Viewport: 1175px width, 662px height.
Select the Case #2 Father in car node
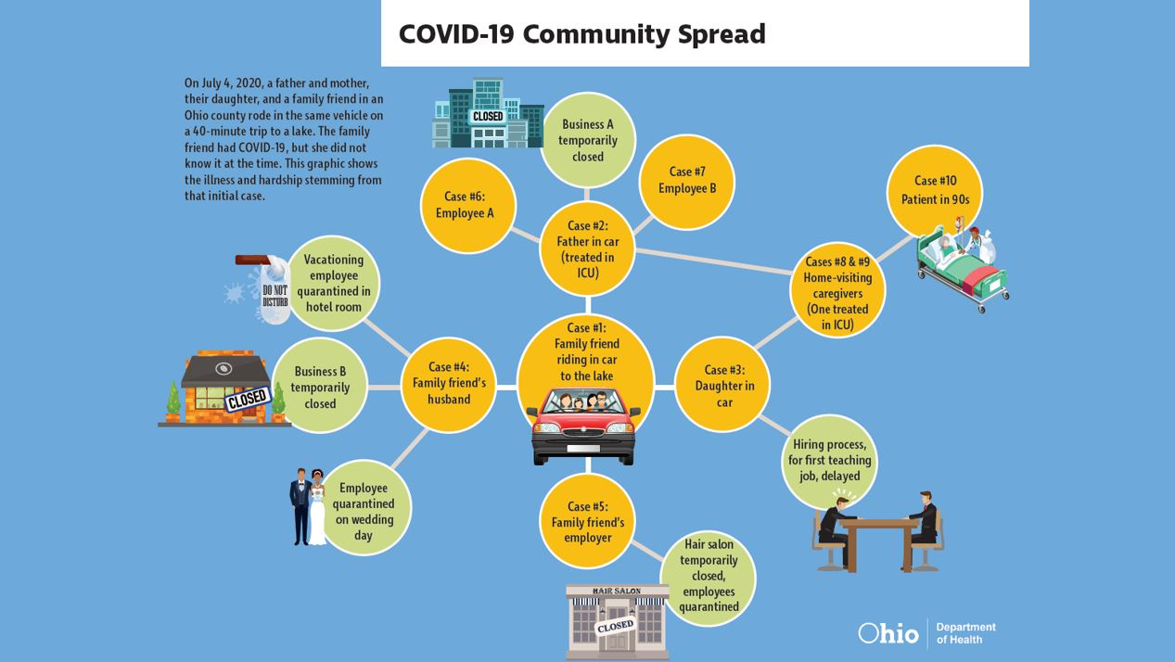pyautogui.click(x=587, y=248)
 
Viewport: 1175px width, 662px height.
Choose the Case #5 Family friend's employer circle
pyautogui.click(x=587, y=521)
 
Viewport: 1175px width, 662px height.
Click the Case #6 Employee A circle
pyautogui.click(x=468, y=205)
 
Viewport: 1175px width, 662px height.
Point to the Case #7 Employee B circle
pyautogui.click(x=687, y=181)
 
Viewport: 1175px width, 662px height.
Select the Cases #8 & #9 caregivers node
pyautogui.click(x=837, y=290)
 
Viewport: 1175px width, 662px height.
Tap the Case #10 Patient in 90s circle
pyautogui.click(x=934, y=190)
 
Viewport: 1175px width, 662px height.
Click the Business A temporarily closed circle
pyautogui.click(x=587, y=140)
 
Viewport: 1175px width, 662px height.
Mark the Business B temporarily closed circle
pyautogui.click(x=320, y=387)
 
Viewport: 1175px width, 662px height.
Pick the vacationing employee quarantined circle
pyautogui.click(x=334, y=284)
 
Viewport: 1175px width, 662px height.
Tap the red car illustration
pyautogui.click(x=585, y=426)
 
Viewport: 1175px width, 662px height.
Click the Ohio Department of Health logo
pyautogui.click(x=926, y=633)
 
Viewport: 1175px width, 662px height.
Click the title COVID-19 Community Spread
pyautogui.click(x=581, y=34)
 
